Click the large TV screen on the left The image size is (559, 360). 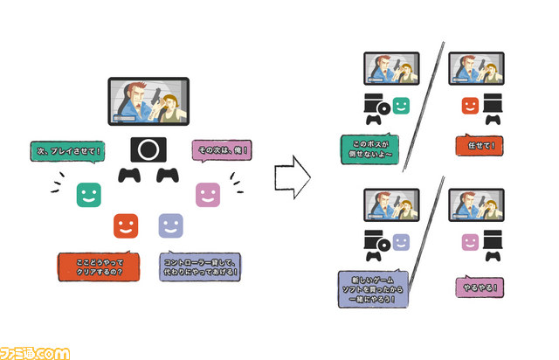pyautogui.click(x=148, y=101)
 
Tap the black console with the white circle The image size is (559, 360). pyautogui.click(x=148, y=149)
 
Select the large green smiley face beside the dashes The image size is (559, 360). pyautogui.click(x=89, y=195)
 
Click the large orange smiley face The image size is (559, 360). pyautogui.click(x=126, y=225)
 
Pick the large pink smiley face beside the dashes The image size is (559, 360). pyautogui.click(x=208, y=195)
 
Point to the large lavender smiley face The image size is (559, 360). pyautogui.click(x=171, y=225)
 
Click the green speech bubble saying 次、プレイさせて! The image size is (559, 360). pyautogui.click(x=68, y=152)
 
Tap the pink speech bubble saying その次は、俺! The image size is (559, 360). pyautogui.click(x=222, y=150)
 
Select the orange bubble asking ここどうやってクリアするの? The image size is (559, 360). pyautogui.click(x=99, y=267)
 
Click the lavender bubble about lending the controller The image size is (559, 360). pyautogui.click(x=200, y=267)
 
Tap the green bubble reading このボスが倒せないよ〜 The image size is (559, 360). pyautogui.click(x=369, y=149)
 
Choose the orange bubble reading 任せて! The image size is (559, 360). pyautogui.click(x=480, y=145)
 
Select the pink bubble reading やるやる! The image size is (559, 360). pyautogui.click(x=480, y=287)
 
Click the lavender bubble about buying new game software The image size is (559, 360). pyautogui.click(x=373, y=288)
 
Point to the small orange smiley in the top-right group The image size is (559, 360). pyautogui.click(x=470, y=106)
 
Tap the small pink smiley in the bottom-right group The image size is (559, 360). pyautogui.click(x=470, y=243)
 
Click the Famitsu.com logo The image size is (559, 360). pyautogui.click(x=35, y=354)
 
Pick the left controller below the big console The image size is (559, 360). pyautogui.click(x=129, y=175)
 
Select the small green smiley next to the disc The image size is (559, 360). pyautogui.click(x=401, y=106)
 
